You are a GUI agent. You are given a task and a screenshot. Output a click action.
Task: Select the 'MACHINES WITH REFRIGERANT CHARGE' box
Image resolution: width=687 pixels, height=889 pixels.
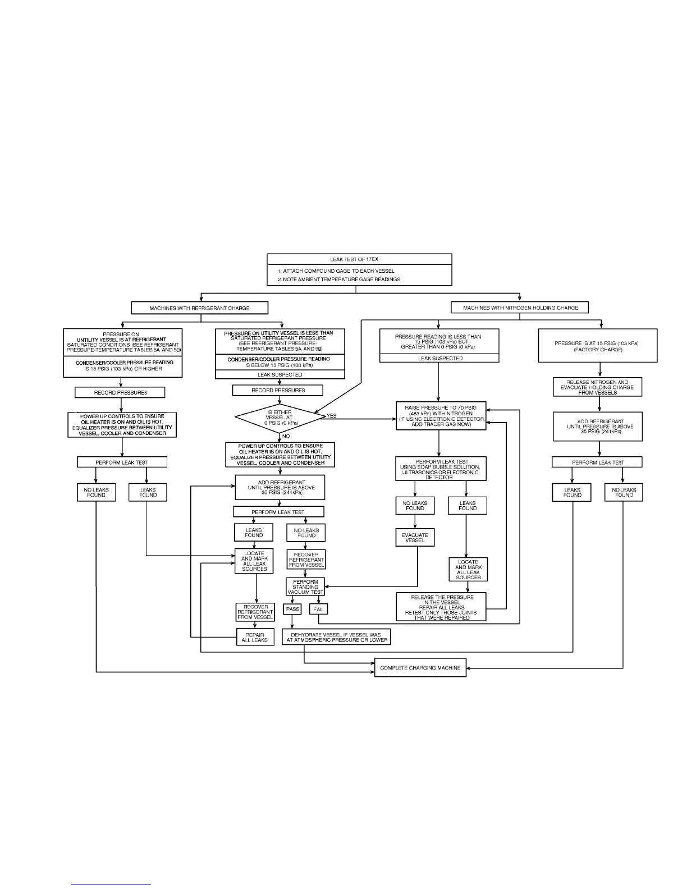click(199, 308)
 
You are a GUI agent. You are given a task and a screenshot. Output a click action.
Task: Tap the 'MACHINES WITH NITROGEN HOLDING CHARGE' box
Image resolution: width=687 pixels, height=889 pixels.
click(520, 308)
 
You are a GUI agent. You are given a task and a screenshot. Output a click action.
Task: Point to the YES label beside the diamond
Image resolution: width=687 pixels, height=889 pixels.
click(331, 416)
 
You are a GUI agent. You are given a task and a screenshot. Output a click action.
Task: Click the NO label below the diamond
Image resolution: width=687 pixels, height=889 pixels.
click(286, 436)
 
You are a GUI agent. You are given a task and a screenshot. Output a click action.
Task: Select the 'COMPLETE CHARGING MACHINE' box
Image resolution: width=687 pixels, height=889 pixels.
click(420, 668)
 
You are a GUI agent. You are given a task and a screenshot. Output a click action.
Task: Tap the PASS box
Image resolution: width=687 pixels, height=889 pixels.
click(293, 609)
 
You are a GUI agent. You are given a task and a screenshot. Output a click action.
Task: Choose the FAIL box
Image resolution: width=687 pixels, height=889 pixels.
click(318, 609)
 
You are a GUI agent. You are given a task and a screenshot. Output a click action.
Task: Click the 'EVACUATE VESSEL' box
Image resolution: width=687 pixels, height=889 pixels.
click(415, 538)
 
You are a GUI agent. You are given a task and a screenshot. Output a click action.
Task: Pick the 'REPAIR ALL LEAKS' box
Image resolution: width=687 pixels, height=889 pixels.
click(255, 638)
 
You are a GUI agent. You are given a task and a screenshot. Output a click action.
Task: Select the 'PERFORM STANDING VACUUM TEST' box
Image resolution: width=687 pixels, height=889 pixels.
click(305, 587)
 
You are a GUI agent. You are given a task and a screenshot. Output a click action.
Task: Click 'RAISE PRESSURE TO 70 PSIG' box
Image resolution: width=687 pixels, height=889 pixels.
click(441, 416)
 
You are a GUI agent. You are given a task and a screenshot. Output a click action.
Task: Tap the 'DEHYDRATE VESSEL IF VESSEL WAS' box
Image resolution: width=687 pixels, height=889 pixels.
click(336, 638)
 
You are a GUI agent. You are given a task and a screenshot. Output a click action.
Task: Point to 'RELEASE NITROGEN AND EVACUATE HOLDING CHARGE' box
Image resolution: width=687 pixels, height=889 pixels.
click(597, 387)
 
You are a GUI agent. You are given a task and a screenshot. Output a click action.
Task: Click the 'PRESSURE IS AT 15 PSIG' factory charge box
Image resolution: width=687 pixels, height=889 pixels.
click(597, 346)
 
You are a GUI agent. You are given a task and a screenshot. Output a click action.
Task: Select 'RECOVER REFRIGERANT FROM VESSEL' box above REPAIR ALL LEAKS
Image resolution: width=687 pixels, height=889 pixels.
click(255, 612)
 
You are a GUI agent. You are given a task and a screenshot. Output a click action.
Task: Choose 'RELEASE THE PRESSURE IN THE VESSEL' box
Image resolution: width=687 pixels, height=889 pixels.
click(441, 607)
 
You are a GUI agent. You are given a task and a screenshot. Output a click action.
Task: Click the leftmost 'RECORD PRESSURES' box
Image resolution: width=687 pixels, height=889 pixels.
click(120, 392)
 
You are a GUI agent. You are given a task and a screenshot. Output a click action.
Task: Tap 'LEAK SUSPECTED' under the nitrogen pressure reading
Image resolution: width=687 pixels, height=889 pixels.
click(439, 358)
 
